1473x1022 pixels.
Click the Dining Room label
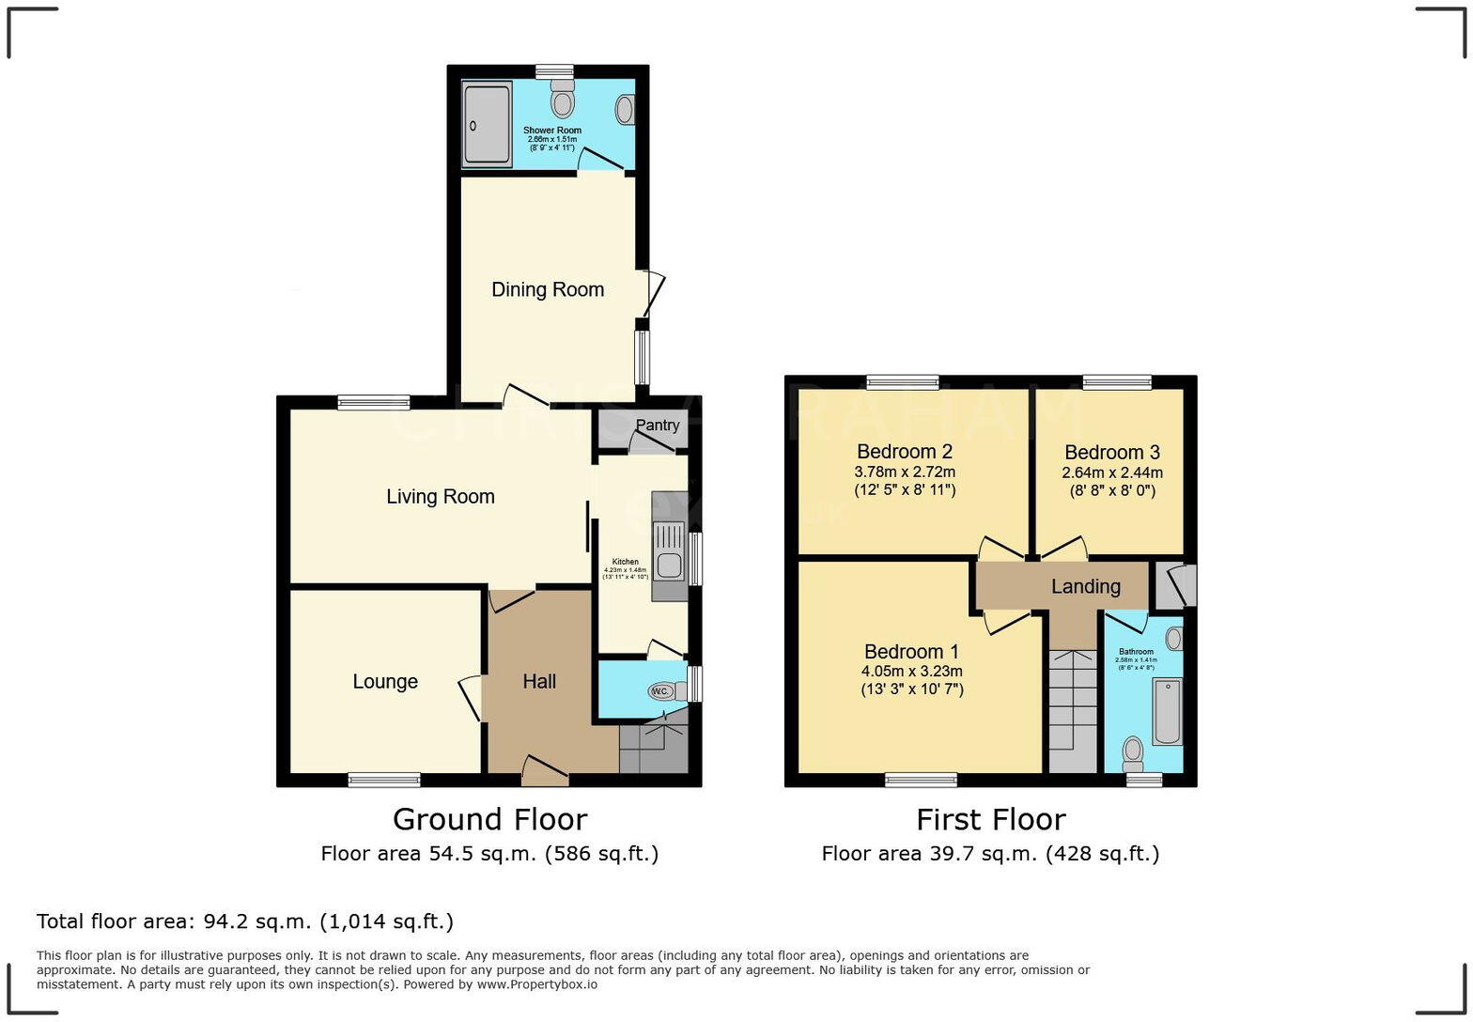click(548, 289)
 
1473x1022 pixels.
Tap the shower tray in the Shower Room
click(487, 125)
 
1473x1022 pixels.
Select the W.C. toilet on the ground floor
click(662, 691)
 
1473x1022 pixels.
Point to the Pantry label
click(657, 425)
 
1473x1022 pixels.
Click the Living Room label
click(440, 496)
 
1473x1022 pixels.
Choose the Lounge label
click(385, 681)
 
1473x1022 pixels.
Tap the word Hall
click(539, 681)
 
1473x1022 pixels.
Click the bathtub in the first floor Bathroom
click(1166, 711)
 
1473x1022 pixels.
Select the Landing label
click(1085, 586)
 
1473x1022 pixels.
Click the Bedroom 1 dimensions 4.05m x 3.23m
click(911, 671)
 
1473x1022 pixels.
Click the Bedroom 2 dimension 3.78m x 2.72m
click(904, 472)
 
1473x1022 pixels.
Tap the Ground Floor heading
click(489, 819)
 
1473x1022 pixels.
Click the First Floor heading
click(990, 819)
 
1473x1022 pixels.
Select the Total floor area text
click(244, 921)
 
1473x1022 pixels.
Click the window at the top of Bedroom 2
click(902, 381)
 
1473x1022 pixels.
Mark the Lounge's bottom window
click(384, 779)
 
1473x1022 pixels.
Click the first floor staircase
click(1072, 711)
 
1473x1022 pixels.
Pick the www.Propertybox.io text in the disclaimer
click(536, 984)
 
